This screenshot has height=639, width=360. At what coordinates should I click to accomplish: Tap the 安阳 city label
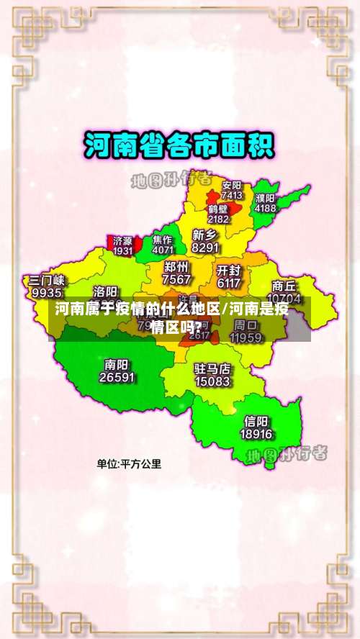coord(232,185)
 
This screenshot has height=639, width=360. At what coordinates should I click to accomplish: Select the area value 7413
coord(232,195)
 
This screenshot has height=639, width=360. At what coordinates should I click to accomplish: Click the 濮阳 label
coord(265,198)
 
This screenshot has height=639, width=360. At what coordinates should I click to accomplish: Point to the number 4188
coord(265,208)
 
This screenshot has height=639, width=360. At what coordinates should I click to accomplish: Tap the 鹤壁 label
coord(218,209)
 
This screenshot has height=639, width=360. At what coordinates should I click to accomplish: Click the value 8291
coord(206,248)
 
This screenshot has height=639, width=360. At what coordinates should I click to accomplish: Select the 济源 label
coord(122,241)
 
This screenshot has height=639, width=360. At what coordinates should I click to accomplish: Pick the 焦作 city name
coord(163,240)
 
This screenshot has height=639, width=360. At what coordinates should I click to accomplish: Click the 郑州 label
coord(177,267)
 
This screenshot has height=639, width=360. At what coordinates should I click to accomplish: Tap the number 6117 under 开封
coord(229,284)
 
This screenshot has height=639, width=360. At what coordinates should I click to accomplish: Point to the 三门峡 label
coord(47,280)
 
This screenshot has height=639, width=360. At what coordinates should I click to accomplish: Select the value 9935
coord(47,293)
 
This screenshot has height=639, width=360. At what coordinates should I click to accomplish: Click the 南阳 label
coord(117,363)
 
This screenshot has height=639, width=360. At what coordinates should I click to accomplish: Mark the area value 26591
coord(117,376)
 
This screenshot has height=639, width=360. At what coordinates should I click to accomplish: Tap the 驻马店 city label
coord(212,368)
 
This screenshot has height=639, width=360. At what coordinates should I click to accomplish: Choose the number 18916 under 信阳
coord(256,434)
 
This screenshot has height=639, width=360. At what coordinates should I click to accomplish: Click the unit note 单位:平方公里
coord(130,464)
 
